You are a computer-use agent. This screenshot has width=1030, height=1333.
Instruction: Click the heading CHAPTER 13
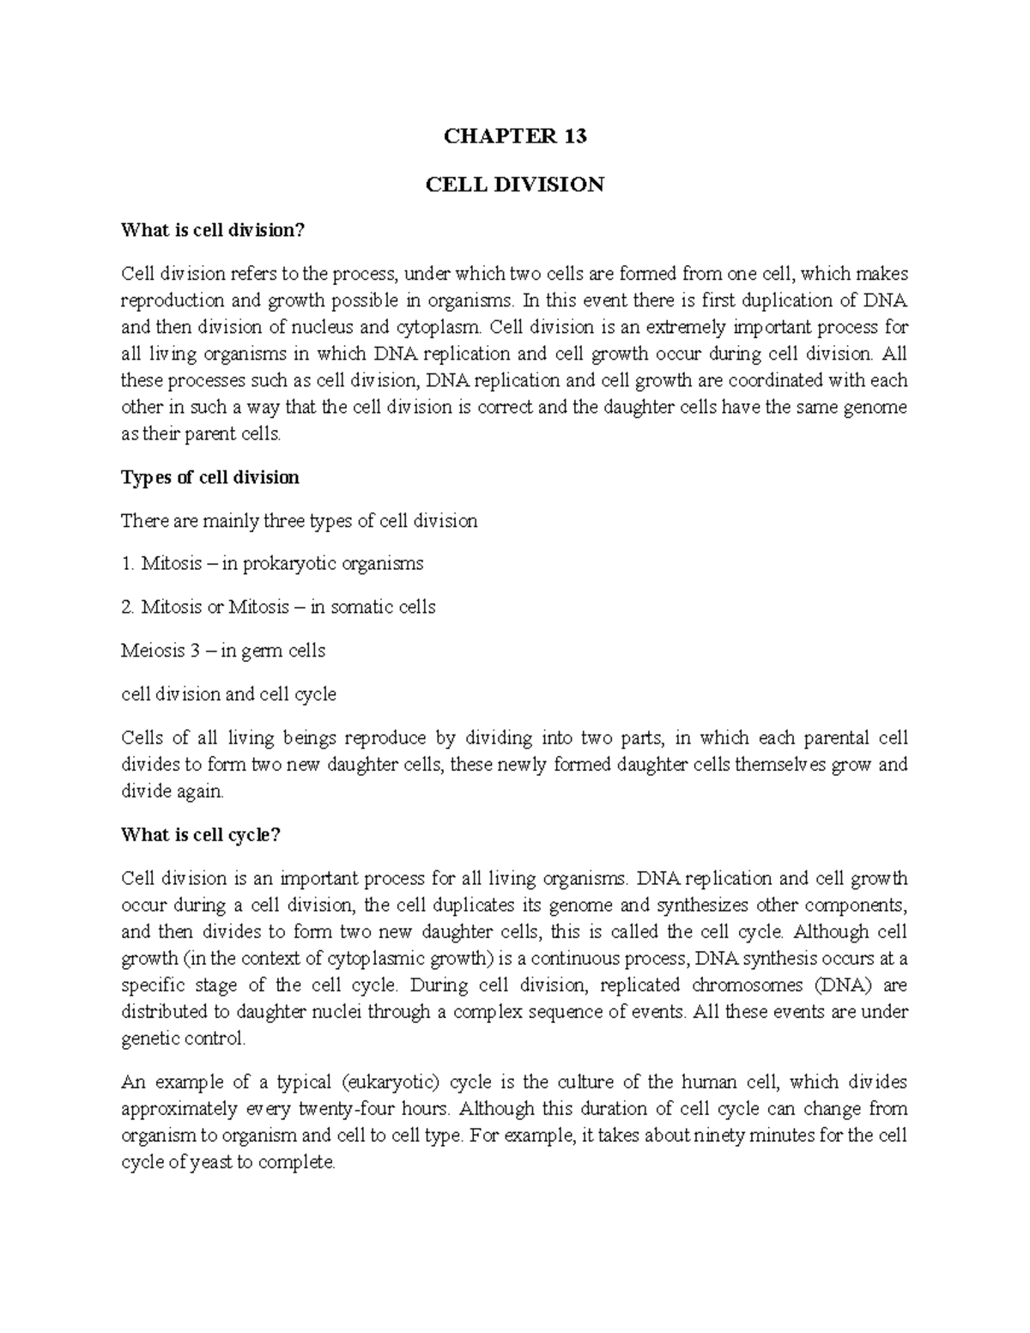pyautogui.click(x=514, y=136)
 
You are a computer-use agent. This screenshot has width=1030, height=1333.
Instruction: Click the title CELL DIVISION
pyautogui.click(x=514, y=184)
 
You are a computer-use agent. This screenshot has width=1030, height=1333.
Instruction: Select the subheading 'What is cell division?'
pyautogui.click(x=213, y=230)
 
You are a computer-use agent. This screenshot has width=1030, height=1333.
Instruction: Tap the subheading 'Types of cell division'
pyautogui.click(x=210, y=477)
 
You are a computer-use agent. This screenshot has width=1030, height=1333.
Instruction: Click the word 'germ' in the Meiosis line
pyautogui.click(x=263, y=651)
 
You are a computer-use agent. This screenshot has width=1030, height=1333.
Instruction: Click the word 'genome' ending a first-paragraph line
pyautogui.click(x=875, y=407)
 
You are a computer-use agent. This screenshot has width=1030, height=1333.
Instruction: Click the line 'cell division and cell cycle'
pyautogui.click(x=228, y=694)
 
